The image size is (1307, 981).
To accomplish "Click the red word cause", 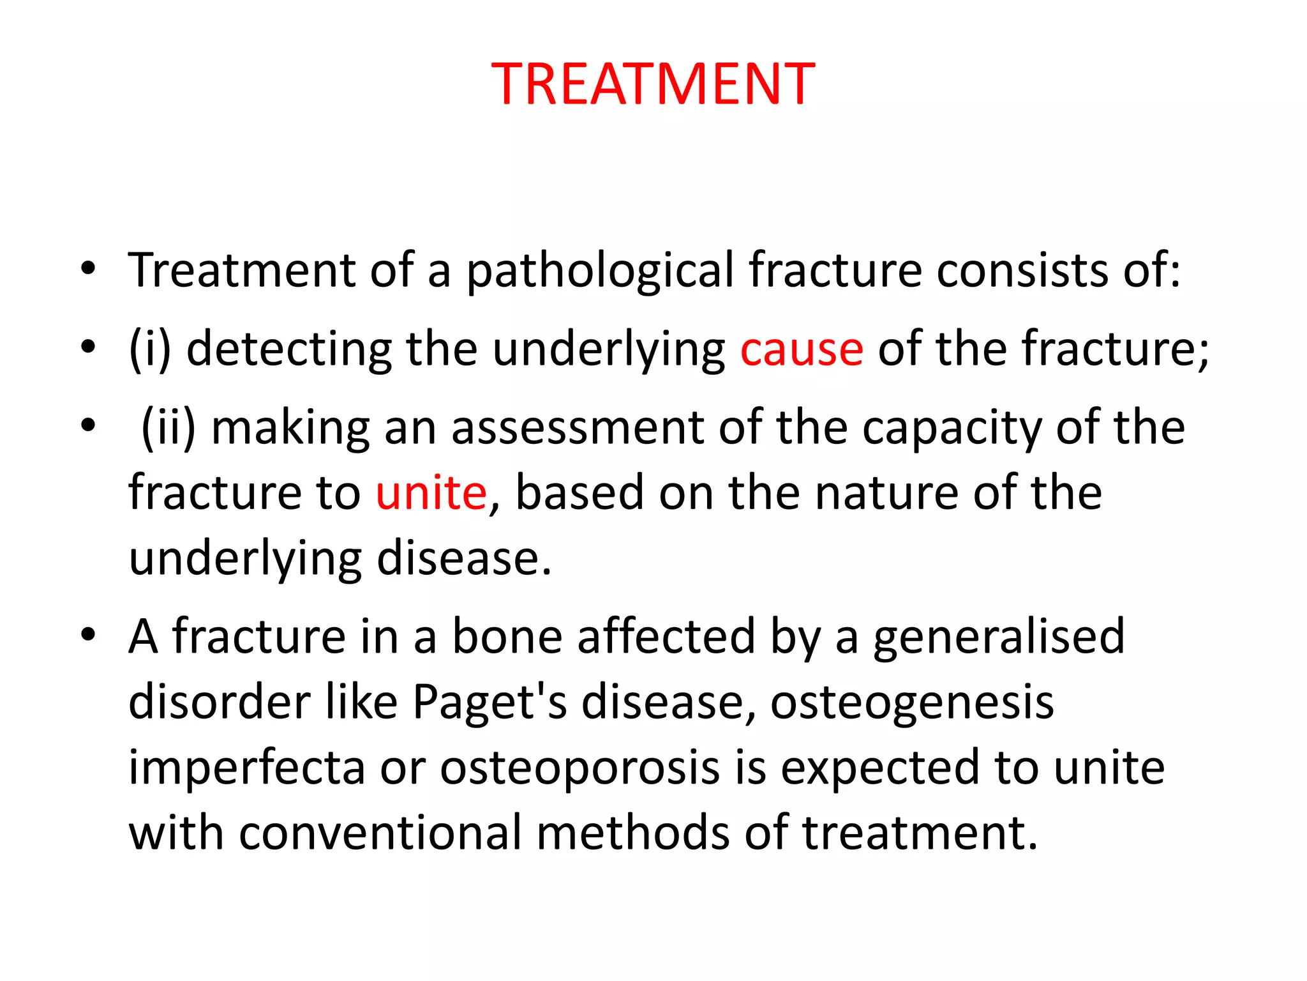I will point(802,349).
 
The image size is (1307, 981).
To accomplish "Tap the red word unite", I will point(431,493).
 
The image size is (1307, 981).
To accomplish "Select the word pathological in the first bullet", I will point(601,271).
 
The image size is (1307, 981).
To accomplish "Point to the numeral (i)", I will point(150,349).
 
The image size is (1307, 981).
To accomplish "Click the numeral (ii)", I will point(168,427).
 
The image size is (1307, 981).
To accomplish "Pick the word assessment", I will point(578,427).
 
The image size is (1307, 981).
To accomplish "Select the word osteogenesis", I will point(912,702).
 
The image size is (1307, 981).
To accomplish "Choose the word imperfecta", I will point(247,767).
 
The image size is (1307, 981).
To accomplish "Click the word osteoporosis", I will point(580,767).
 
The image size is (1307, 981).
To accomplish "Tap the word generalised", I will point(998,637).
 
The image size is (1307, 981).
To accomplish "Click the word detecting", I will point(289,349).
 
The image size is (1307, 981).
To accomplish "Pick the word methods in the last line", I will point(632,833).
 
